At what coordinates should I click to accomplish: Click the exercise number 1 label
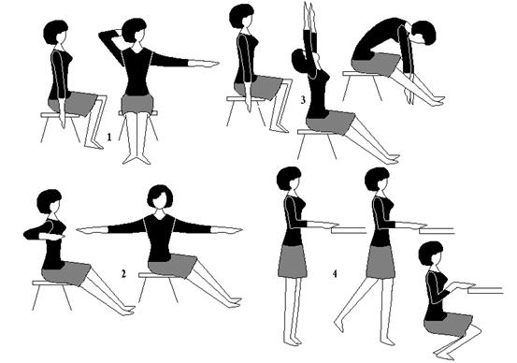coord(109,137)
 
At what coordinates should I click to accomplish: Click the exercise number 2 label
coord(123,273)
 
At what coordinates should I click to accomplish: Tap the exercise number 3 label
coord(303,100)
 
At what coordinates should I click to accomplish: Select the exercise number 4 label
coord(335,273)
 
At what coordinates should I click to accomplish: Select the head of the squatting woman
coord(431,254)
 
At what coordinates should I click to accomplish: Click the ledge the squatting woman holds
coord(485,290)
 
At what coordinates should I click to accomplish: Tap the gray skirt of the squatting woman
coord(449,325)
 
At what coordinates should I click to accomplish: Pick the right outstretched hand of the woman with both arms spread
coord(227,229)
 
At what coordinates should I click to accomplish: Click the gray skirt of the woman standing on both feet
coord(293,261)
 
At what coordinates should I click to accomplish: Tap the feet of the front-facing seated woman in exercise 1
coord(136,159)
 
